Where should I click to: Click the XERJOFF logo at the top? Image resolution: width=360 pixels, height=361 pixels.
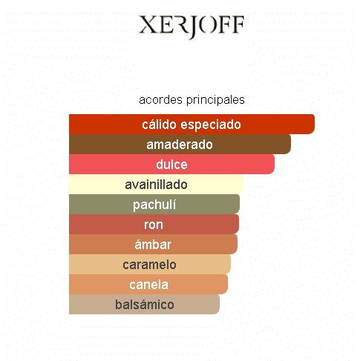[x=192, y=27]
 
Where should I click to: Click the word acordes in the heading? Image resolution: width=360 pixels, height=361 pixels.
[x=160, y=100]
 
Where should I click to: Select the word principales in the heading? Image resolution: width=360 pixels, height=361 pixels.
[x=215, y=100]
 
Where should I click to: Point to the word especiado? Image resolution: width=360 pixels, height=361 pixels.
[x=211, y=125]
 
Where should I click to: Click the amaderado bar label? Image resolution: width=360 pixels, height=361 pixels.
[x=180, y=145]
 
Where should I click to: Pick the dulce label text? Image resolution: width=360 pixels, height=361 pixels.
[x=171, y=165]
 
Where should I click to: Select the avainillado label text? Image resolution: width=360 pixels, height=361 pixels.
[x=156, y=185]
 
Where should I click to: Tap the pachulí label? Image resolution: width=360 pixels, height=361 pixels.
[x=154, y=205]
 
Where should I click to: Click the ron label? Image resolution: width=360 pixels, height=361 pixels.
[x=154, y=225]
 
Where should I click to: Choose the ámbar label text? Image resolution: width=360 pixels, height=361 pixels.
[x=153, y=245]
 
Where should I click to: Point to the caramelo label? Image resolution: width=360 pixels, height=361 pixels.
[x=149, y=265]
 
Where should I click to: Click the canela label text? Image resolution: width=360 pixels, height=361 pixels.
[x=148, y=285]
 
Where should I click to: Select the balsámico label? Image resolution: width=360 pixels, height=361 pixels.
[x=145, y=305]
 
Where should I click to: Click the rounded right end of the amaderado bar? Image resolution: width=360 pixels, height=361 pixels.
[x=290, y=144]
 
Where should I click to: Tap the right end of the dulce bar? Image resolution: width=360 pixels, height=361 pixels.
[x=274, y=164]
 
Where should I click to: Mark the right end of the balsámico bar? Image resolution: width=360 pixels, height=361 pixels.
[x=219, y=304]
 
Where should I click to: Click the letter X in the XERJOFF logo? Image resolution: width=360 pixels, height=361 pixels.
[x=148, y=24]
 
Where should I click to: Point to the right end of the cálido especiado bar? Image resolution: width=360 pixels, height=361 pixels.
[x=314, y=124]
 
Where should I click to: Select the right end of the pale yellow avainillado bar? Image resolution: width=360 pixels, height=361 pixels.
[x=243, y=184]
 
